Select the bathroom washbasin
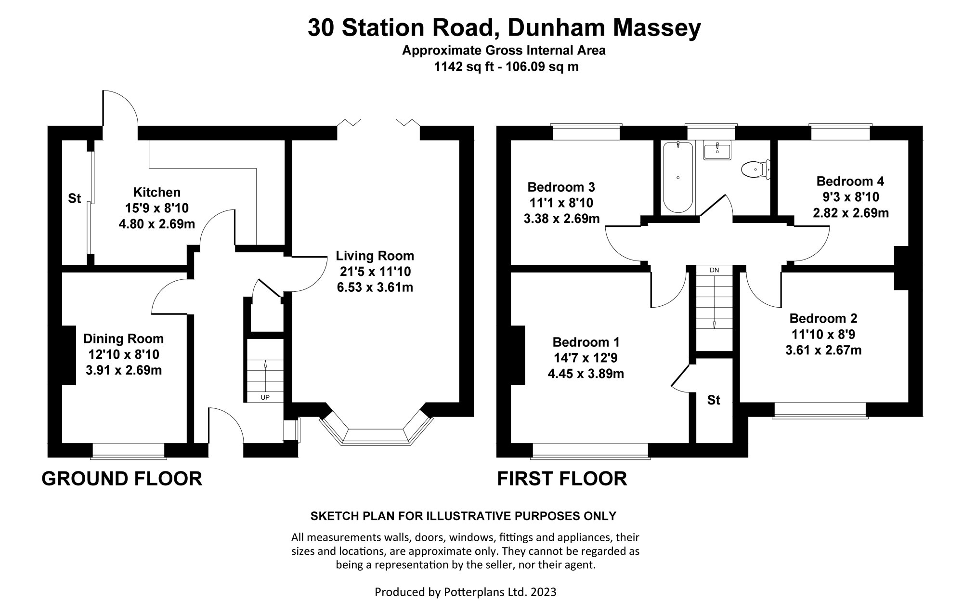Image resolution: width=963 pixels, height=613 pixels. pyautogui.click(x=717, y=151)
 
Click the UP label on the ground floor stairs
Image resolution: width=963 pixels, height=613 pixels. pyautogui.click(x=265, y=397)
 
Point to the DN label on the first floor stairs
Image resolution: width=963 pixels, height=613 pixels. pyautogui.click(x=714, y=270)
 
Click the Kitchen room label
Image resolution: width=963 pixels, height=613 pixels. pyautogui.click(x=156, y=192)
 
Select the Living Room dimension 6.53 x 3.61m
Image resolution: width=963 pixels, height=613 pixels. pyautogui.click(x=375, y=287)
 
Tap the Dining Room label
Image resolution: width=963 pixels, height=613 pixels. pyautogui.click(x=123, y=339)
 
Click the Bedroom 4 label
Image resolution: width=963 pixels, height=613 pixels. pyautogui.click(x=850, y=182)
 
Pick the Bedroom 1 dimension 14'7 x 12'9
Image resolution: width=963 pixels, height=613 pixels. pyautogui.click(x=586, y=358)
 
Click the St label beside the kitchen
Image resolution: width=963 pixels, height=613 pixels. pyautogui.click(x=74, y=198)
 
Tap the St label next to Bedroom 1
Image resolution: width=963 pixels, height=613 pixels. pyautogui.click(x=714, y=400)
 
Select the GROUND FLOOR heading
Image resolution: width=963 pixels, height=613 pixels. pyautogui.click(x=122, y=479)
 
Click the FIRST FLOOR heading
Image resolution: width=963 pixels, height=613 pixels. pyautogui.click(x=562, y=479)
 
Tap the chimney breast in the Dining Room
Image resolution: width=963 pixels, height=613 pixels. pyautogui.click(x=68, y=355)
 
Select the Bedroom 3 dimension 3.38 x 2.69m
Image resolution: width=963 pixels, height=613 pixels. pyautogui.click(x=561, y=219)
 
